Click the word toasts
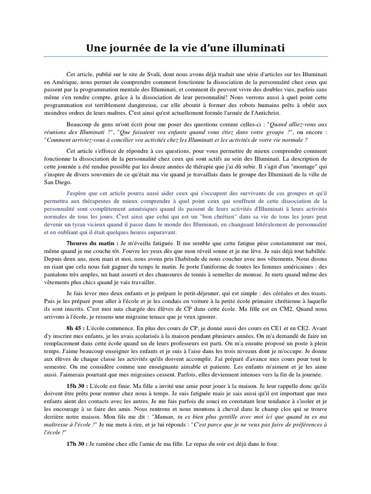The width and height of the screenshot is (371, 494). (x=314, y=294)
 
